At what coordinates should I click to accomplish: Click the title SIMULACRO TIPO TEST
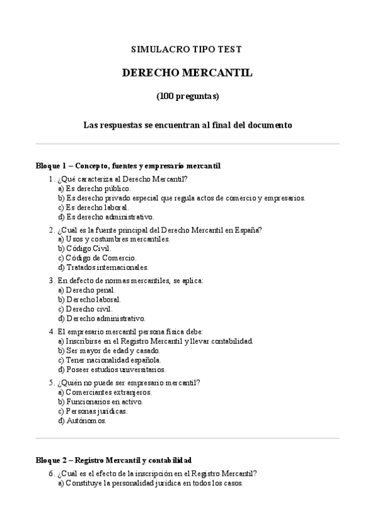point(187,48)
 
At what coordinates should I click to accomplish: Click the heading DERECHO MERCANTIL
point(187,73)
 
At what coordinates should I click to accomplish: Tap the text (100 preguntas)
point(187,97)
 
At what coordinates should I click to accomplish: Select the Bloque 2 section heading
point(113,460)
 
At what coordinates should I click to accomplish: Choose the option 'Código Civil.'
point(85,248)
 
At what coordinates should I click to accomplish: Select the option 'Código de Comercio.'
point(97,257)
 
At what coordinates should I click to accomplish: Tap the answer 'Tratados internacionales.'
point(103,267)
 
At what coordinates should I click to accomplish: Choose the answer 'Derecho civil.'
point(85,309)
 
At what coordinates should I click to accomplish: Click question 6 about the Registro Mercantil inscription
point(157,474)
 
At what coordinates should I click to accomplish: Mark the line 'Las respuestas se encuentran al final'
point(187,125)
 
